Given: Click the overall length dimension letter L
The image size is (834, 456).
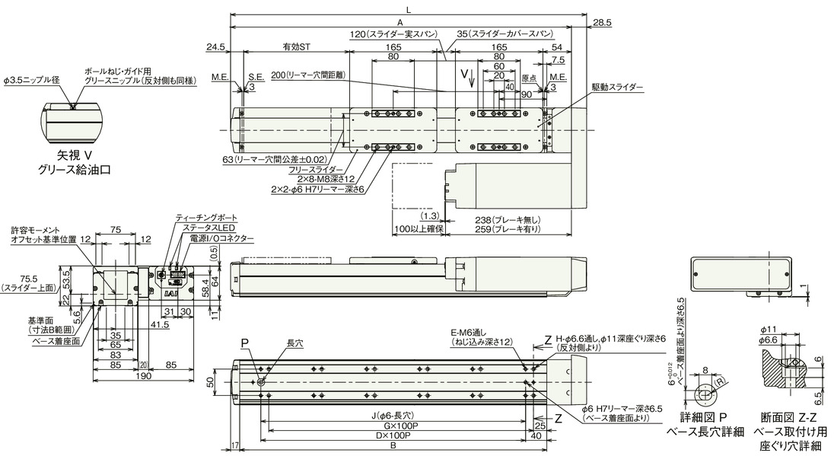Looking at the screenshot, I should [x=409, y=9].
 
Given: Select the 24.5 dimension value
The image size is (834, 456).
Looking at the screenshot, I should [x=216, y=47].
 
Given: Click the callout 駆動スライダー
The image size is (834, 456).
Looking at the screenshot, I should [x=617, y=88].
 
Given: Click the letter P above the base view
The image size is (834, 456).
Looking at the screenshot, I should [x=245, y=343].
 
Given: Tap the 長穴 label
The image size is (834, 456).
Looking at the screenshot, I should [x=294, y=344].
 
